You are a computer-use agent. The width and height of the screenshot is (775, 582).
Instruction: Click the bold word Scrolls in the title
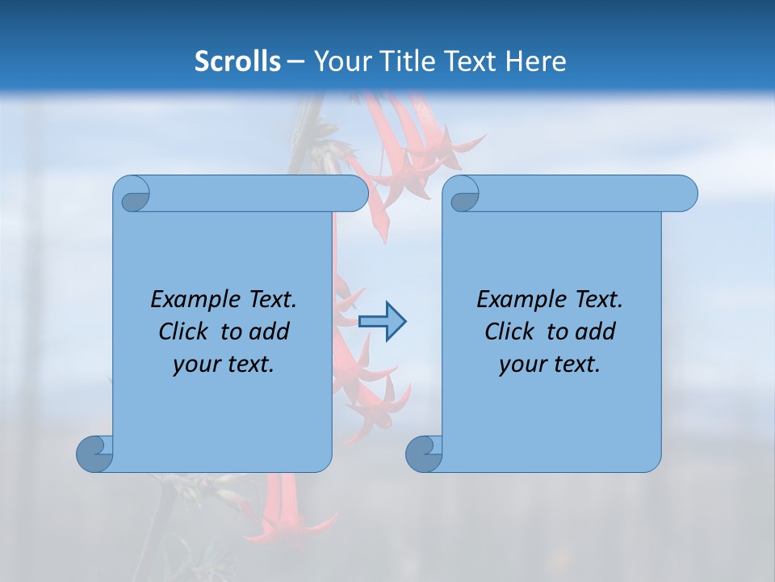point(237,61)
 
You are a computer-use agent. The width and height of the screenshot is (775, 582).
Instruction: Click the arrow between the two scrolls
point(382,322)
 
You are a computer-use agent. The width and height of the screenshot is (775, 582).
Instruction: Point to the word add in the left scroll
point(269,331)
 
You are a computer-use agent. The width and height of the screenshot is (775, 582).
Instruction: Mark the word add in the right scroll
point(595,331)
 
